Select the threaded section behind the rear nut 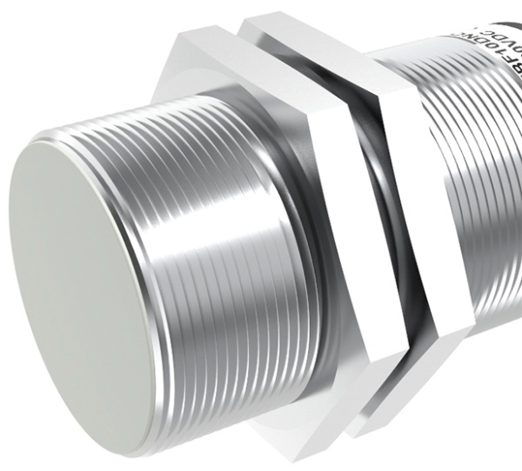point(478,191)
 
